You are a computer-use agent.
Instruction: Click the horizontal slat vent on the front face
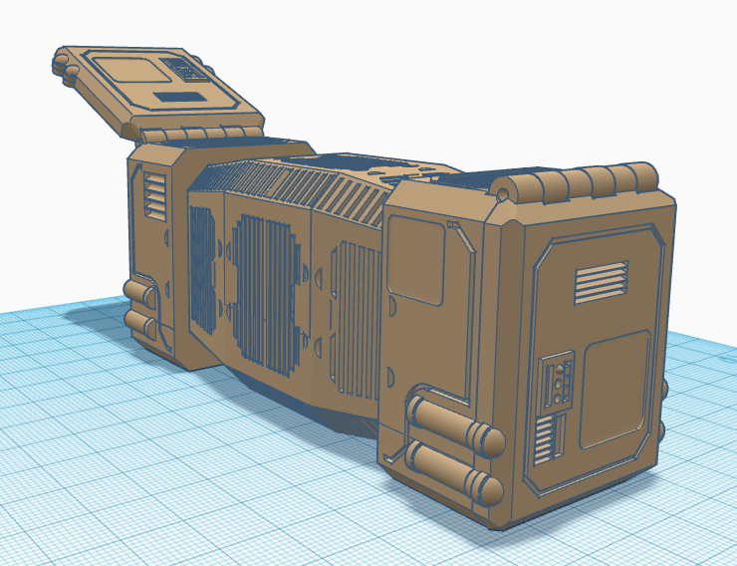click(x=601, y=282)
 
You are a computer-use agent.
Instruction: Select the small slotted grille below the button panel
click(x=544, y=438)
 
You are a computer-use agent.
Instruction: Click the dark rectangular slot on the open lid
click(x=180, y=98)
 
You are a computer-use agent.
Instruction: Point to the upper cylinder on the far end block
click(x=139, y=291)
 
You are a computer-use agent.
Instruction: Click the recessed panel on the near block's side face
click(x=419, y=259)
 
